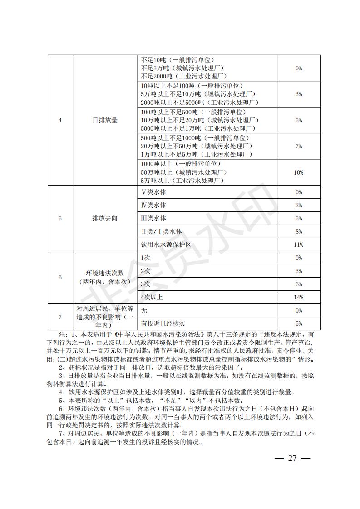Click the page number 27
point(292,458)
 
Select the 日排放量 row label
point(105,120)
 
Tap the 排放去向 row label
point(105,218)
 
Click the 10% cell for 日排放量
point(298,172)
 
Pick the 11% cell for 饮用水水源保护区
point(298,245)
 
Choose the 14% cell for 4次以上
point(298,297)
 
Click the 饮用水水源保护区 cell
point(166,245)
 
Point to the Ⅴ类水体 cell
point(154,192)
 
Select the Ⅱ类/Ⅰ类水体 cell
point(162,231)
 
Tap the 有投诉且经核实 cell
point(163,323)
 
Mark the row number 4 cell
point(60,120)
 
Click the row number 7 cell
point(60,317)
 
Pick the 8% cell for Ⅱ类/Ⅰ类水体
point(298,231)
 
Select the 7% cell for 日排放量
point(298,146)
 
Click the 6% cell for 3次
point(298,284)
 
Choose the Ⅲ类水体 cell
point(154,218)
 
